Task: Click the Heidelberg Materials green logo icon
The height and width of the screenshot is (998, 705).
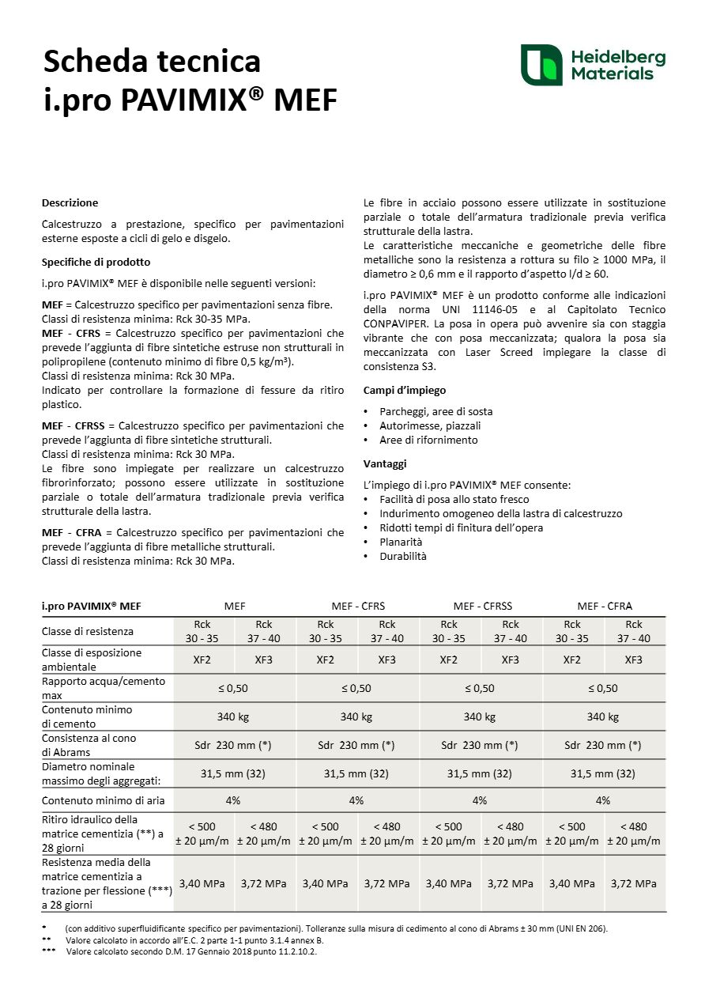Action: (541, 66)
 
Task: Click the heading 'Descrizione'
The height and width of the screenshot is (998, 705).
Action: (70, 202)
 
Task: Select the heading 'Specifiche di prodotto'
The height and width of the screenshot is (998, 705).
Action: (96, 262)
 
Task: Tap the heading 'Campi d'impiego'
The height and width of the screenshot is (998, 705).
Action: (405, 390)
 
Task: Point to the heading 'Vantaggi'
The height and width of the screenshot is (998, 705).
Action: (385, 463)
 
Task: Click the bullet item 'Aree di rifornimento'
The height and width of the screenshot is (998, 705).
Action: (428, 440)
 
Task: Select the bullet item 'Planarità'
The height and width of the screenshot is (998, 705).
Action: (401, 542)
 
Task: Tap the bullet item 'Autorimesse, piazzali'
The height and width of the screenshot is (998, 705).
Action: (430, 425)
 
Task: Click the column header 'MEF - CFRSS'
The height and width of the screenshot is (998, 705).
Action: (481, 607)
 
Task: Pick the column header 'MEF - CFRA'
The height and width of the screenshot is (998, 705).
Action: (605, 607)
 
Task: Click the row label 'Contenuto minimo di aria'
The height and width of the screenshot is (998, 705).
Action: (104, 800)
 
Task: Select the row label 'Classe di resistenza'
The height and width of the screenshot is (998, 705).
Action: (88, 631)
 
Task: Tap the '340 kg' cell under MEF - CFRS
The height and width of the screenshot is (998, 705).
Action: (356, 716)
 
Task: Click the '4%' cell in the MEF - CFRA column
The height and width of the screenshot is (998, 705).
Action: (603, 800)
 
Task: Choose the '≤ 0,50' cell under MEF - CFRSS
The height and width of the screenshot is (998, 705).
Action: (480, 688)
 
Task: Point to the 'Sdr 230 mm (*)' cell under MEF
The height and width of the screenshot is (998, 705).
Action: (233, 745)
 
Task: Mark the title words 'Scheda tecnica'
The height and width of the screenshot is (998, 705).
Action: (152, 60)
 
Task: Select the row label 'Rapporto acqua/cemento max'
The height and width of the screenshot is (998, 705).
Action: (104, 687)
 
